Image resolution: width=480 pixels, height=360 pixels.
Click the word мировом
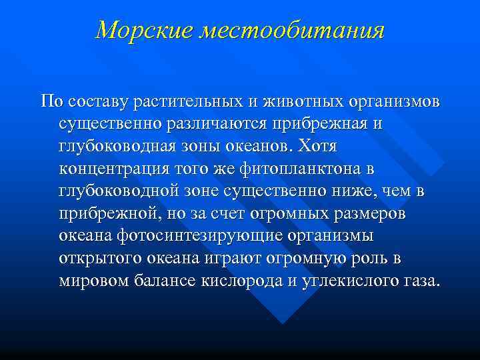click(x=94, y=281)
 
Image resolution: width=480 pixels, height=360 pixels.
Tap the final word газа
click(x=423, y=281)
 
